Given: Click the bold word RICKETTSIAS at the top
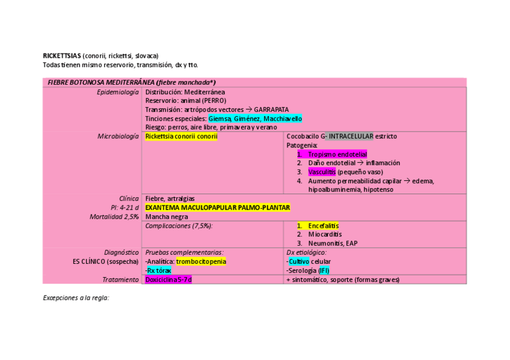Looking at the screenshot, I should [x=62, y=56].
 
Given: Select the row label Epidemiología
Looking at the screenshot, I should [x=118, y=92].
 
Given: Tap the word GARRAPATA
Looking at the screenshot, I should [x=271, y=109].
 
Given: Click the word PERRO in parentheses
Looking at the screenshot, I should [x=214, y=101].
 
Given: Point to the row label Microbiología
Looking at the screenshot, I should [x=118, y=136].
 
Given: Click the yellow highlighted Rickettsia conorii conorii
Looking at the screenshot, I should [x=182, y=136].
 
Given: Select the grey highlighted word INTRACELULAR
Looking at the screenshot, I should [x=351, y=136].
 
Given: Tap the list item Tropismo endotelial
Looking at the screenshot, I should [x=337, y=154].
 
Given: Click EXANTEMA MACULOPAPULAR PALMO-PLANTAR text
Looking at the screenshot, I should [x=218, y=207].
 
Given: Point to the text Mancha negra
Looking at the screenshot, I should [x=167, y=216].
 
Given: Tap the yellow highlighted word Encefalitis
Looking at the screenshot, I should [x=323, y=225].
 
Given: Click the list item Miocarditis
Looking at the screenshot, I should [x=325, y=234].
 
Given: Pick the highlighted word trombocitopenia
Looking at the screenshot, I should [x=201, y=261].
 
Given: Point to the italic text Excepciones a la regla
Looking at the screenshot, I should [x=76, y=297].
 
